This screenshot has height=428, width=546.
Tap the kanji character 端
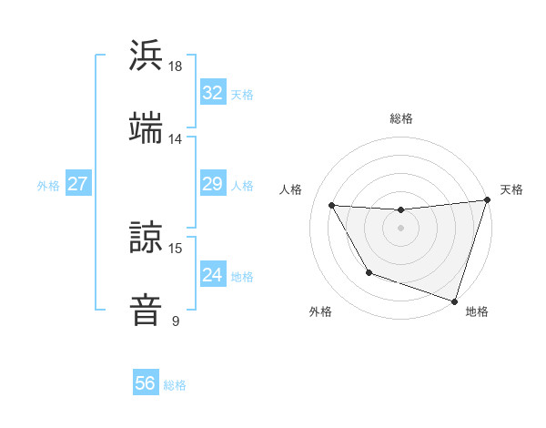[x=147, y=127]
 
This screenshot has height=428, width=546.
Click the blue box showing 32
[x=212, y=93]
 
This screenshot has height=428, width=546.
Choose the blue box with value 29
[x=212, y=184]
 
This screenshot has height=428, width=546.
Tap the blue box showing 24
[x=212, y=275]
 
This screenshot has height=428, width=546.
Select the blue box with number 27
[x=77, y=184]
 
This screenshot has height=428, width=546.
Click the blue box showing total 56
[x=145, y=383]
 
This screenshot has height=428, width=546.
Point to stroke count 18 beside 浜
[x=176, y=66]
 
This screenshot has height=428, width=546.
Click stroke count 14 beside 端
[x=176, y=139]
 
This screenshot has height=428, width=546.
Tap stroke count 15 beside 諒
[x=176, y=248]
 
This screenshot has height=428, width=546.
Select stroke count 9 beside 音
[x=176, y=321]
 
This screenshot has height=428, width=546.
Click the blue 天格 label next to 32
[x=242, y=94]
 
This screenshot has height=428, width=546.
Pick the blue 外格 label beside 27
[x=48, y=185]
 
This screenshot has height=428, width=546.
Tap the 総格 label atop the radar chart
[x=401, y=118]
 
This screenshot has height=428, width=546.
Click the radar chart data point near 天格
[x=486, y=200]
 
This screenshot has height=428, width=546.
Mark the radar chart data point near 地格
[x=454, y=301]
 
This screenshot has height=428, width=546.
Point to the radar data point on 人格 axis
[x=332, y=205]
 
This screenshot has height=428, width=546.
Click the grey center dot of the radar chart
[x=400, y=228]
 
